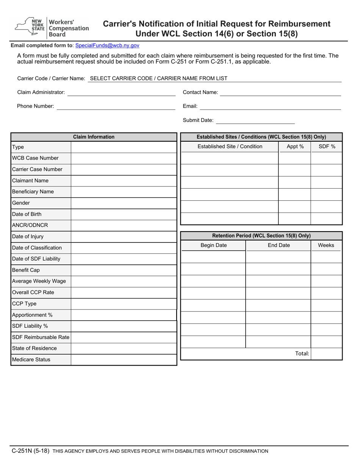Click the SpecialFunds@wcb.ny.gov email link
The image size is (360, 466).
(107, 45)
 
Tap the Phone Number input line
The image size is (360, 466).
(116, 106)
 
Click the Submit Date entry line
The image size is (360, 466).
(255, 120)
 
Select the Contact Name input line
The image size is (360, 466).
(280, 92)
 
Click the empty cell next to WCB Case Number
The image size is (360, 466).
(124, 158)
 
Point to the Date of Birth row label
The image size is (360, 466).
(27, 214)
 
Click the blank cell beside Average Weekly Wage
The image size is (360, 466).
(124, 281)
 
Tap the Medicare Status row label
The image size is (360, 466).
(31, 360)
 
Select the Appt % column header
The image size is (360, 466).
(295, 147)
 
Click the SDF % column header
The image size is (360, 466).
(327, 147)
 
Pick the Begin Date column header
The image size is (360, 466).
(213, 245)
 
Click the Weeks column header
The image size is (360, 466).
(326, 245)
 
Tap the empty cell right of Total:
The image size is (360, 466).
(326, 354)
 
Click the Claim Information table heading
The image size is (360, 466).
(94, 137)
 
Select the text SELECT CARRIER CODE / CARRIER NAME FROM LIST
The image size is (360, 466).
(158, 78)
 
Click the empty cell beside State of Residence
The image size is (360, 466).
(124, 348)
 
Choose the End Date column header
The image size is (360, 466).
(279, 245)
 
